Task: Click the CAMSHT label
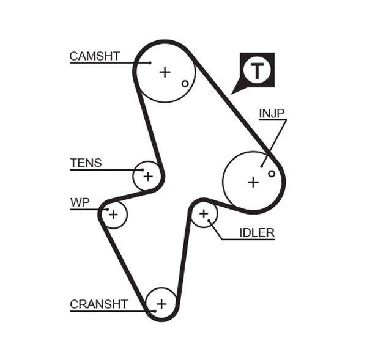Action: tap(94, 56)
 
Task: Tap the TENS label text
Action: tap(86, 163)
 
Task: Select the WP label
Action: tap(80, 203)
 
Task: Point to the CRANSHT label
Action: tap(98, 304)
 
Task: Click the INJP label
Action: tap(272, 113)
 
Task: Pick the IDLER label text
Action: tap(256, 232)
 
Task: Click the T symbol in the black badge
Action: tap(256, 70)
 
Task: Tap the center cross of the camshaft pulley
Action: tap(165, 72)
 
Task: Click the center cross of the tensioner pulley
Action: tap(147, 177)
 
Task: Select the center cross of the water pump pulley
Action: tap(113, 214)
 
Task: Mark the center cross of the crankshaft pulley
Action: tap(161, 303)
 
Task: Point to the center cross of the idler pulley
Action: tap(204, 214)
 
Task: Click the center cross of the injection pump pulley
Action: tap(253, 182)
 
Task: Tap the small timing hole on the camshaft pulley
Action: tap(185, 83)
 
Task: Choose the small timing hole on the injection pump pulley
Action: tap(272, 174)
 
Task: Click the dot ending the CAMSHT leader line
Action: tap(149, 62)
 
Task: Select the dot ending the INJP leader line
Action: tap(261, 165)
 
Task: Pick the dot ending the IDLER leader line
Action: tap(209, 221)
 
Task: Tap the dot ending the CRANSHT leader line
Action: tap(155, 311)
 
